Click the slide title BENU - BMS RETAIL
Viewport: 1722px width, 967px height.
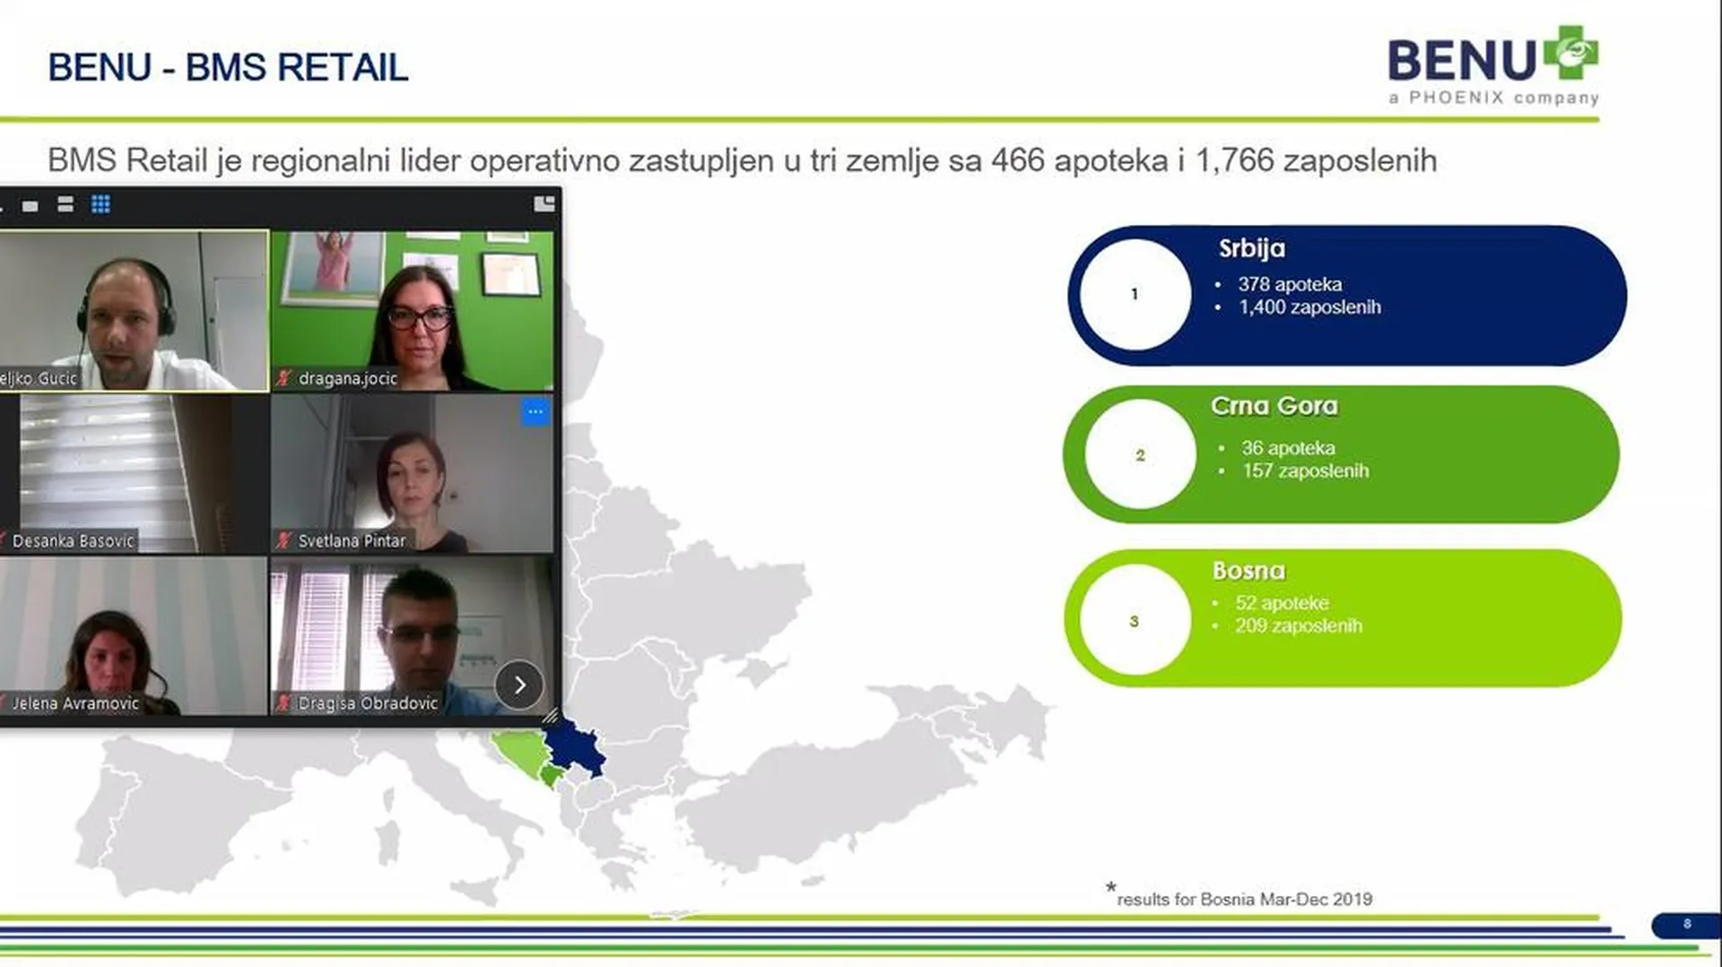point(228,67)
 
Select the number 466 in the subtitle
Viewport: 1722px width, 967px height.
point(1018,160)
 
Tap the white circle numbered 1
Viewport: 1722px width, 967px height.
point(1135,294)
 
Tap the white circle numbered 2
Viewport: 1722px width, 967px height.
point(1140,454)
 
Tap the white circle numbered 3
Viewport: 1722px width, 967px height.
point(1135,620)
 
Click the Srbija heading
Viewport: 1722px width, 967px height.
point(1251,248)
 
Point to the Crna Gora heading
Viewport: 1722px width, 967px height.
point(1274,406)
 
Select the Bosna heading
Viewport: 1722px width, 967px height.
point(1248,571)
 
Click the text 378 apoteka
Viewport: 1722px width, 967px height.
point(1290,284)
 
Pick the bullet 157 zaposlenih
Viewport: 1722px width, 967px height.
point(1305,471)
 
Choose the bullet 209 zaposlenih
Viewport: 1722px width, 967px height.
point(1298,626)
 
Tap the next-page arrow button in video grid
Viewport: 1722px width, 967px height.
point(519,686)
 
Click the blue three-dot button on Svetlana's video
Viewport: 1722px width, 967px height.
point(535,412)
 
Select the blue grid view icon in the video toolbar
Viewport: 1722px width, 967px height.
point(100,204)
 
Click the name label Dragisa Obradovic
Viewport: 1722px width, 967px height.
point(368,704)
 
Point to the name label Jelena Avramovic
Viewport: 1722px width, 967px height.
point(75,704)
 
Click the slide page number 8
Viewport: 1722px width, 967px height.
point(1687,923)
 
